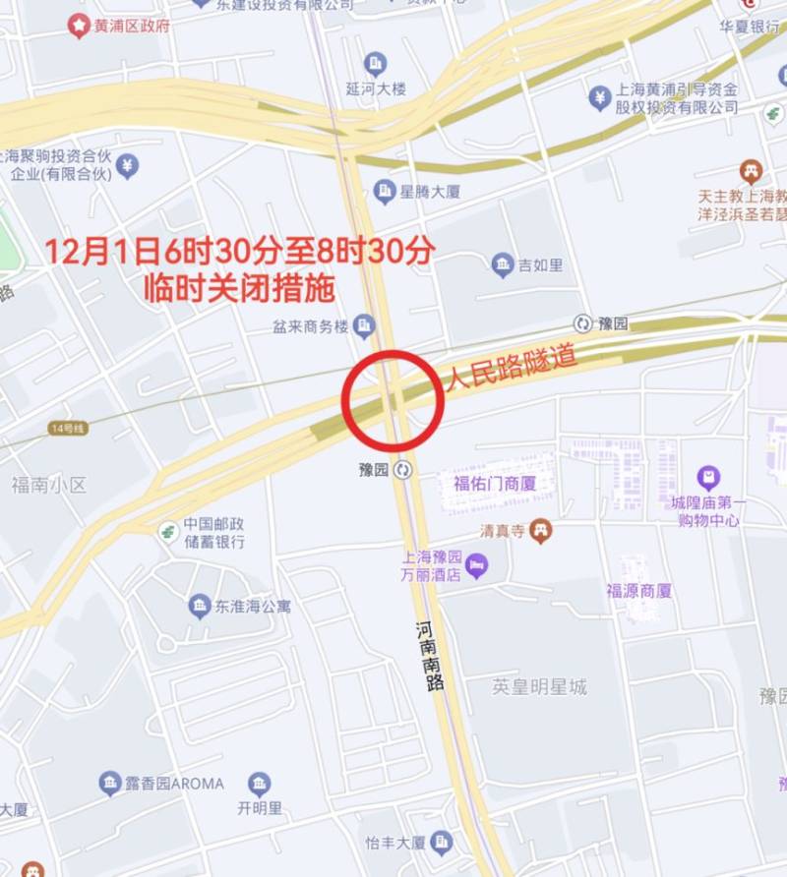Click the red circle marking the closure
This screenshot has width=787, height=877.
[x=393, y=400]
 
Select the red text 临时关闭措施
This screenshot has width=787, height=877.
[x=239, y=288]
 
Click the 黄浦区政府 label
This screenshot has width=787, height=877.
[x=131, y=26]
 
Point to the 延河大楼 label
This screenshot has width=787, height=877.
[x=376, y=88]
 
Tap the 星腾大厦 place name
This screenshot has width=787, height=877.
[x=430, y=191]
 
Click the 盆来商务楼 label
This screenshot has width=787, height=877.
[x=311, y=324]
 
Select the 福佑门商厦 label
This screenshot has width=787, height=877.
[x=494, y=482]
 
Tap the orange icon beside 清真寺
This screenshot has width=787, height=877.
[x=540, y=531]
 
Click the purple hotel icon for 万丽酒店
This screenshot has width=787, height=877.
[x=477, y=565]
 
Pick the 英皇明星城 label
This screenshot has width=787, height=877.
[x=539, y=687]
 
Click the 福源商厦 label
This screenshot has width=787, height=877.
[x=638, y=591]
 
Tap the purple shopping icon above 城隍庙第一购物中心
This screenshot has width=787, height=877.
[x=708, y=479]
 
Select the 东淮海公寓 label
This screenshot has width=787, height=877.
[x=253, y=606]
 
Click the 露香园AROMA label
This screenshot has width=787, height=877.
[x=174, y=784]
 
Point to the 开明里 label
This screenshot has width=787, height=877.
[x=260, y=809]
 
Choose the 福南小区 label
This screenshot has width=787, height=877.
[x=49, y=484]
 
